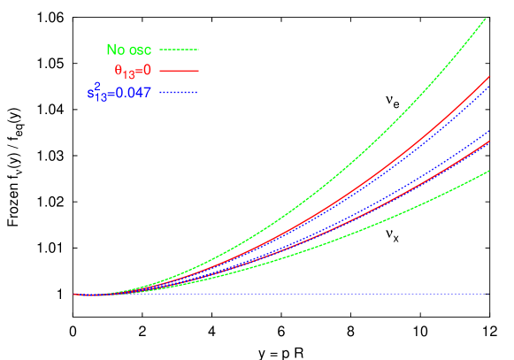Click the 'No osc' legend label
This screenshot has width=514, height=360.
(129, 50)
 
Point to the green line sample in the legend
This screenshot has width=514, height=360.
(180, 50)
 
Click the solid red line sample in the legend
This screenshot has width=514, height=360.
(180, 71)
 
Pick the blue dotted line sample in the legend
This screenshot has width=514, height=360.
(180, 93)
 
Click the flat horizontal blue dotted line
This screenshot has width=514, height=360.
(310, 295)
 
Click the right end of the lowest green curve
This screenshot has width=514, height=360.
(488, 171)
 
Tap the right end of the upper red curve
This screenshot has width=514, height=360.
(488, 77)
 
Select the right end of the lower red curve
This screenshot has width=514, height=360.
(488, 142)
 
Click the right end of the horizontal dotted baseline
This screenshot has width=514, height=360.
(486, 295)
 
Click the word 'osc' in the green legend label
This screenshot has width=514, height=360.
(140, 50)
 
